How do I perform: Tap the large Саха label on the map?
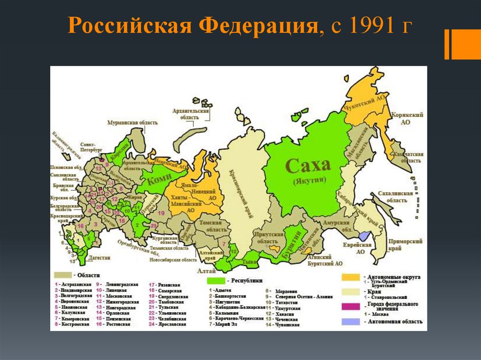pos(308,166)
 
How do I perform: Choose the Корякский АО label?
pos(405,118)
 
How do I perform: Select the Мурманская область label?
pos(132,123)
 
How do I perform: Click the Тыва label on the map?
pos(248,261)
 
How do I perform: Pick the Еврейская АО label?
pos(361,248)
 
